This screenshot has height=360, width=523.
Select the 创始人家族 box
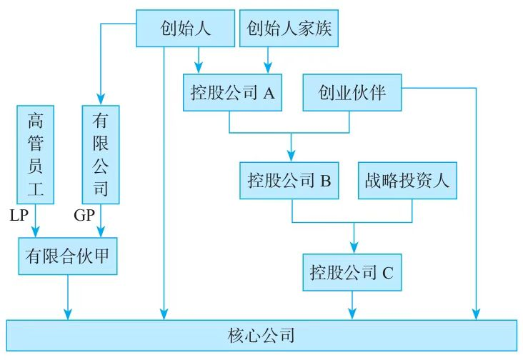(x=289, y=28)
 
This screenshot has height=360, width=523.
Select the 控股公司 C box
(x=352, y=272)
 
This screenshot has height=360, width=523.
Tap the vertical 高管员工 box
(x=35, y=154)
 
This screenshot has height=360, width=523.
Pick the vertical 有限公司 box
(x=101, y=154)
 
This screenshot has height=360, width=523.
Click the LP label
(x=19, y=215)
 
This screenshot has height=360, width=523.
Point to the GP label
(x=84, y=215)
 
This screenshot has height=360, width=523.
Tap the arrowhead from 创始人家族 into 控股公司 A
(x=268, y=69)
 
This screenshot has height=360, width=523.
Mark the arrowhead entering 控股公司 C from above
(x=352, y=248)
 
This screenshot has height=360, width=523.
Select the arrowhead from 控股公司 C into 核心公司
(x=352, y=313)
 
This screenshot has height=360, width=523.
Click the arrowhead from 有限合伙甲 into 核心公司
(x=68, y=313)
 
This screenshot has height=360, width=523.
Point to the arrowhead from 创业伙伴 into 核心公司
(x=475, y=313)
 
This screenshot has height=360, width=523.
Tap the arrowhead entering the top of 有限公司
(x=101, y=100)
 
